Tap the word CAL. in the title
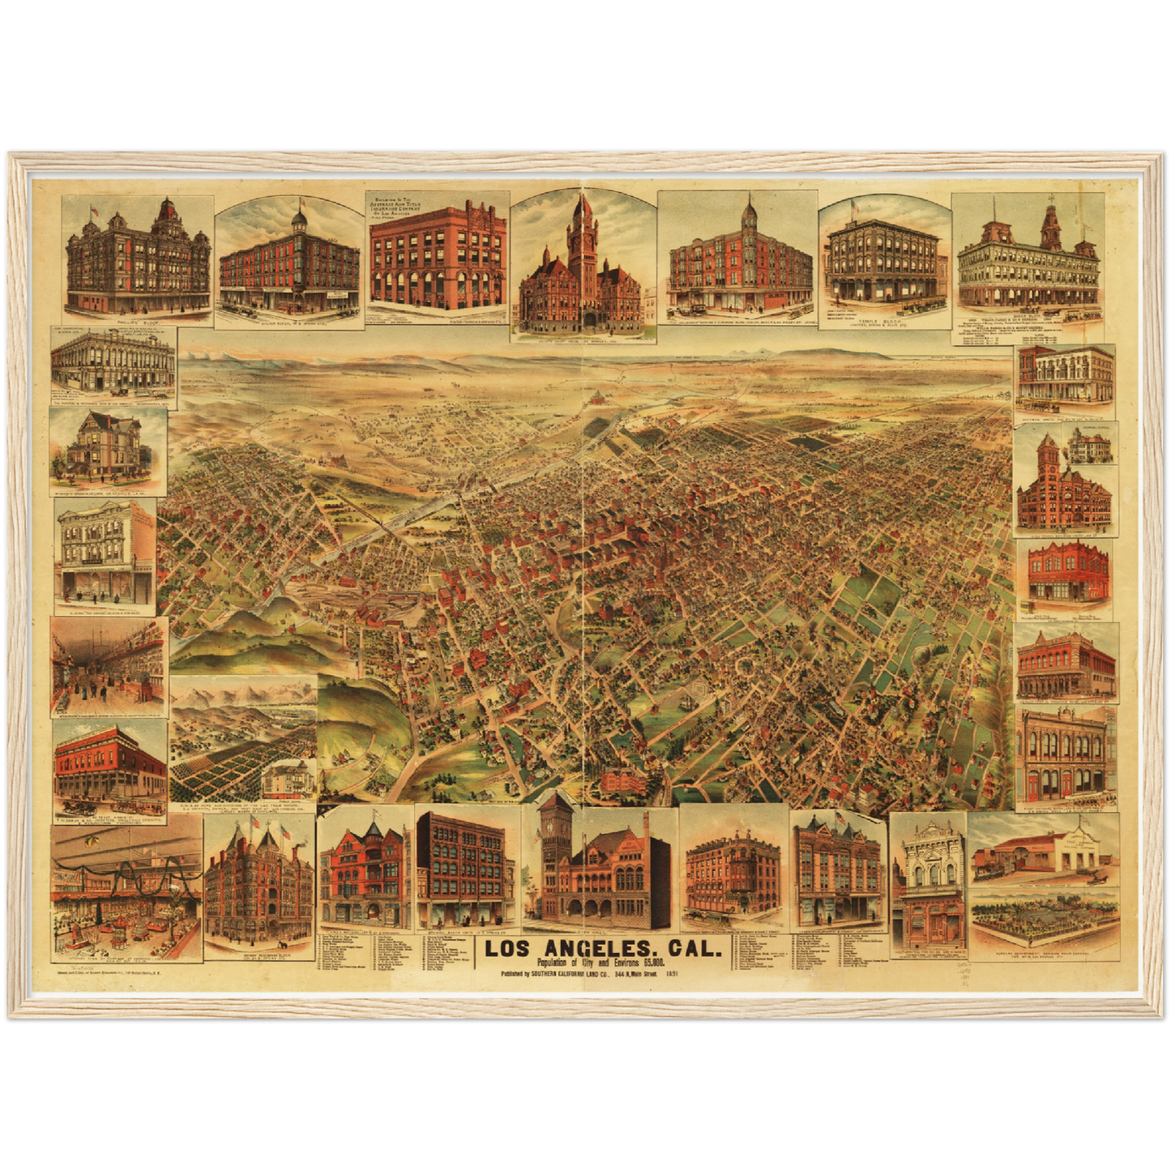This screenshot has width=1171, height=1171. tap(688, 947)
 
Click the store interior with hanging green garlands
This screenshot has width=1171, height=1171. tap(126, 891)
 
